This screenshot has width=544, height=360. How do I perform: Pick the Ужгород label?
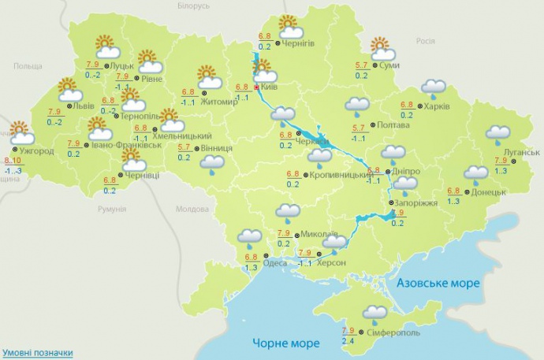[36, 149]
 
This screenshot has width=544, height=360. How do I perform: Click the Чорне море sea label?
[286, 343]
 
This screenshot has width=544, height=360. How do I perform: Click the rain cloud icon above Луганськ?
[498, 135]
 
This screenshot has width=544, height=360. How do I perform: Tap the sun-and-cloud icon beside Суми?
[383, 50]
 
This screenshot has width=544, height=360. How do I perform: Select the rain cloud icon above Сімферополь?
[375, 313]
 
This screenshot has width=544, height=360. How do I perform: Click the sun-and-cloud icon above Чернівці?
[134, 161]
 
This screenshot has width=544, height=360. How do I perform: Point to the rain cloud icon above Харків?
[433, 88]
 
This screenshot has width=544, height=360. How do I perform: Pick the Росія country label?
[426, 41]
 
